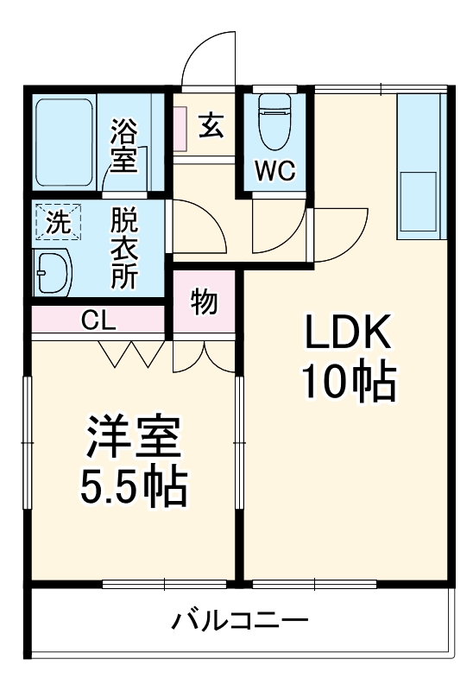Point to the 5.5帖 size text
pyautogui.click(x=133, y=489)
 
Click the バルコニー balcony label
pyautogui.click(x=239, y=620)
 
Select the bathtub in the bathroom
pyautogui.click(x=65, y=142)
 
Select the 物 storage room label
pyautogui.click(x=203, y=303)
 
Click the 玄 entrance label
pyautogui.click(x=211, y=125)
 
